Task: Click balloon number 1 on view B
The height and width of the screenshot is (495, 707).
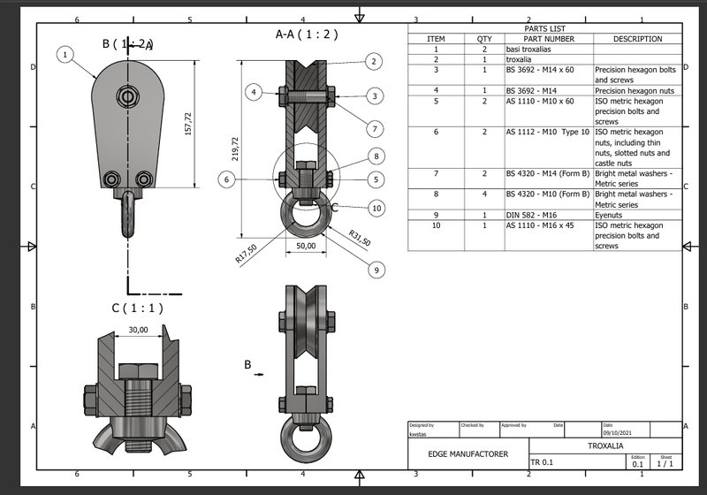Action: point(65,54)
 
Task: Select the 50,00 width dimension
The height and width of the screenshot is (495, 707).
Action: point(306,247)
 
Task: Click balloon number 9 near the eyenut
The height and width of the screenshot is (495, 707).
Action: point(377,270)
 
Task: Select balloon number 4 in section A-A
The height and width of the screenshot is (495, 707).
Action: point(254,92)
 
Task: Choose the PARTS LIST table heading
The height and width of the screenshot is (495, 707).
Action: point(544,28)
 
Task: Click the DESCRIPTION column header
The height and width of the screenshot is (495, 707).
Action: point(637,39)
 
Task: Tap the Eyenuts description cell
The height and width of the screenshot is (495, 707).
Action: point(610,215)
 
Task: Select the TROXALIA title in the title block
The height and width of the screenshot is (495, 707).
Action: point(606,445)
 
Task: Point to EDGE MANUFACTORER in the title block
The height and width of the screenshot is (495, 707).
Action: point(468,453)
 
